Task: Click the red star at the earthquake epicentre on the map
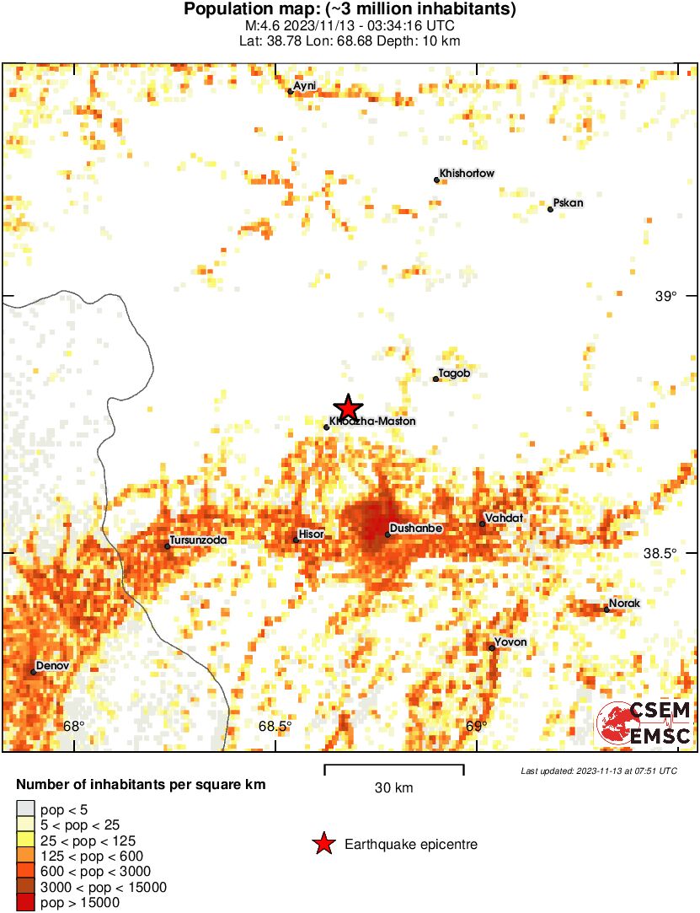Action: tap(347, 408)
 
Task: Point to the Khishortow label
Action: tap(467, 174)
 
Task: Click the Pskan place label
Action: tap(568, 203)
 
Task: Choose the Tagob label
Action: tap(454, 373)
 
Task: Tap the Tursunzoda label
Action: tap(198, 540)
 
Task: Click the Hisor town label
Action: tap(311, 534)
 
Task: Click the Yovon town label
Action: tap(510, 642)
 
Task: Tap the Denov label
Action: tap(51, 666)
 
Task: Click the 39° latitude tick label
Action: tap(666, 296)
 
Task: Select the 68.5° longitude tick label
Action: tap(275, 727)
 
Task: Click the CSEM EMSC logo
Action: tap(644, 723)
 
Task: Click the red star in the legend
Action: tap(323, 844)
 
